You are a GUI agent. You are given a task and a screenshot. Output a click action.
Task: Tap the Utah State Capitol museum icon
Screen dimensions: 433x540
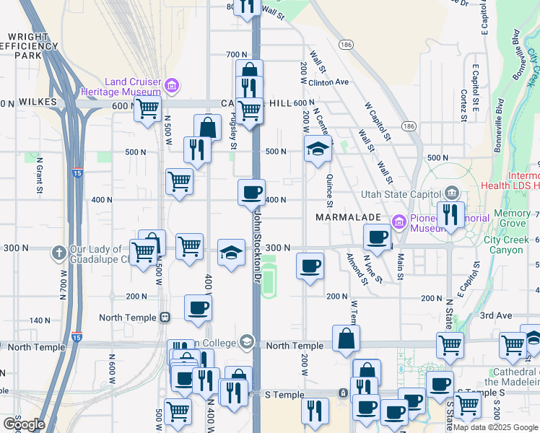coord(451,193)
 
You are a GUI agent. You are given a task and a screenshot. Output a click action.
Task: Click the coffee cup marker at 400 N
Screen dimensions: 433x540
coord(251,193)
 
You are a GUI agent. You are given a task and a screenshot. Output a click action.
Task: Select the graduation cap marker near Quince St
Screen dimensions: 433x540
coord(318,149)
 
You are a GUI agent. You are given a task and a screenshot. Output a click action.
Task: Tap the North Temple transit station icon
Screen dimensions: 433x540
coord(166,317)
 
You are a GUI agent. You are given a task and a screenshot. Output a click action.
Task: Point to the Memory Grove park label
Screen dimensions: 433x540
coord(511,219)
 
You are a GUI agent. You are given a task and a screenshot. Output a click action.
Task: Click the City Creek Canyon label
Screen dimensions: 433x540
coord(512,245)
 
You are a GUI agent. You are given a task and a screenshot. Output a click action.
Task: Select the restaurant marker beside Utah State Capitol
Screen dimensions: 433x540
coord(450,214)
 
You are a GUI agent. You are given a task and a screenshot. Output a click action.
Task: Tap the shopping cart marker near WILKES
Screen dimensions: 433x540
coord(147,110)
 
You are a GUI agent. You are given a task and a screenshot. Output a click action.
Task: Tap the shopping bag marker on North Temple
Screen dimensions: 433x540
coord(347,338)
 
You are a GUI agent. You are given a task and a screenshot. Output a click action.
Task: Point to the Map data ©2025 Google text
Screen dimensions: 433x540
coord(495,427)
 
